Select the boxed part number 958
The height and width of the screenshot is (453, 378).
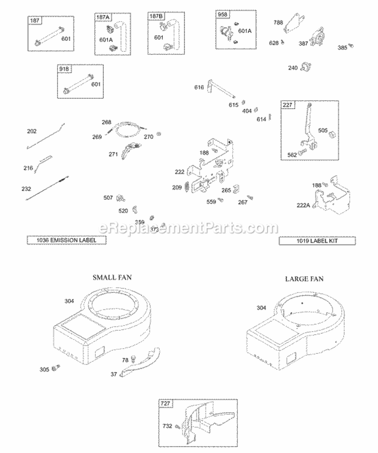pos(222,15)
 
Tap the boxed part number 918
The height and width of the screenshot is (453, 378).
pos(66,69)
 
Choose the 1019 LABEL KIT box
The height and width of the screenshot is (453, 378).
pos(317,241)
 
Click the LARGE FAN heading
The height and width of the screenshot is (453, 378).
pos(304,278)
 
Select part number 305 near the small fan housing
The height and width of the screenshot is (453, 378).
pos(44,369)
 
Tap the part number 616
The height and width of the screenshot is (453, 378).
pos(199,88)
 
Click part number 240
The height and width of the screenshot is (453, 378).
pos(293,68)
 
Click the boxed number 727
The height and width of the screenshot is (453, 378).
pos(165,404)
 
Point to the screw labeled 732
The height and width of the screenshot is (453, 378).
pos(178,426)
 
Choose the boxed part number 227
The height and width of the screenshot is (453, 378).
pos(288,105)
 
